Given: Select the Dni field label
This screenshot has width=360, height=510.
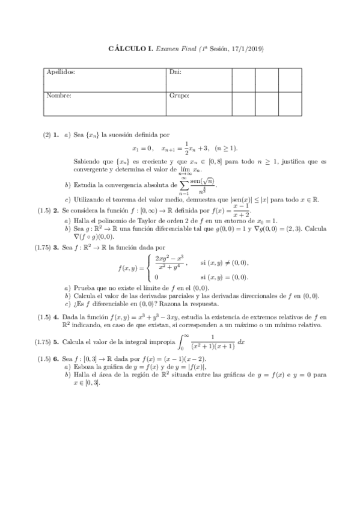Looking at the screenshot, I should pos(175,72).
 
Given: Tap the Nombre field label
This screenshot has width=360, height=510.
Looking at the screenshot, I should pos(59,95).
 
